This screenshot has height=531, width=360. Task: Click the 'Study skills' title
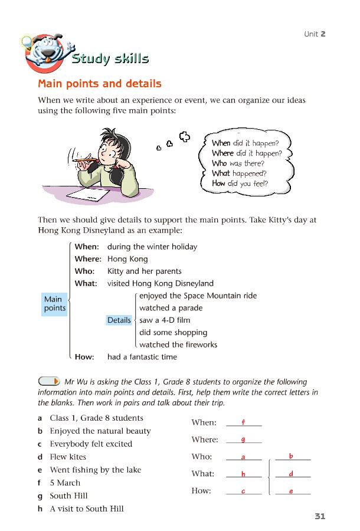click(x=110, y=58)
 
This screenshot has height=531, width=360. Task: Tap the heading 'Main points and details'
click(x=100, y=84)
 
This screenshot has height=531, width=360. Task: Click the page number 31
click(x=320, y=516)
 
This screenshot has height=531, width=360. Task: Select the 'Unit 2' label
click(x=315, y=34)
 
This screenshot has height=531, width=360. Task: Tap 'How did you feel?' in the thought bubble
click(x=240, y=183)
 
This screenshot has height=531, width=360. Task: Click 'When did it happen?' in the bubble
click(x=245, y=143)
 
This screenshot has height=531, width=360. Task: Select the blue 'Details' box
click(x=119, y=320)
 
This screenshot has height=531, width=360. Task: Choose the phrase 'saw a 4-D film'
click(x=165, y=320)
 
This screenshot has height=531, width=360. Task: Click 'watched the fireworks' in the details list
click(x=178, y=345)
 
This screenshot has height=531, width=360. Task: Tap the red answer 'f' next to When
click(x=243, y=422)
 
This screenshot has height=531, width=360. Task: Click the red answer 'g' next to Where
click(x=243, y=439)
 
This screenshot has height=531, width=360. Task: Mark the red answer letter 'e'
click(x=292, y=491)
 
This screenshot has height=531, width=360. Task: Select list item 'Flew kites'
click(x=68, y=457)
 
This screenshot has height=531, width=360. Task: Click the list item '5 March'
click(x=65, y=483)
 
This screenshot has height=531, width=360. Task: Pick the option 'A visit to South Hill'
click(x=86, y=509)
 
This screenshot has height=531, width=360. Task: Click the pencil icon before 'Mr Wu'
click(x=49, y=382)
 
